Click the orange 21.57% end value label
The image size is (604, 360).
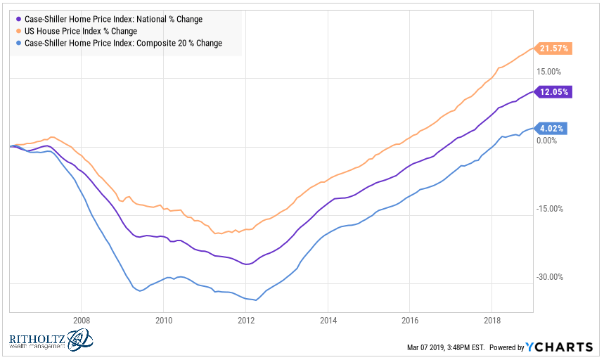click(x=555, y=49)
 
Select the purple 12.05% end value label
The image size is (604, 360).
click(x=555, y=91)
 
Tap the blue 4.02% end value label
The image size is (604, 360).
click(x=553, y=128)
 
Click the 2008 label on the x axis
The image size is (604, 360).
click(x=81, y=319)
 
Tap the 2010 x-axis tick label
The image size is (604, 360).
click(x=163, y=319)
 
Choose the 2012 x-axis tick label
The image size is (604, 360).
click(x=245, y=319)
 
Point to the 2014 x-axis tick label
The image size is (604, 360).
click(x=328, y=319)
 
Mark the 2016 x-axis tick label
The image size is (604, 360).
click(x=410, y=319)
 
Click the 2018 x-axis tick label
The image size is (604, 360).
click(x=492, y=319)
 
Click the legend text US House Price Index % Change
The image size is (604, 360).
click(x=80, y=31)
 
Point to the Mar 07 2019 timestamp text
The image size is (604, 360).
click(x=442, y=347)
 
